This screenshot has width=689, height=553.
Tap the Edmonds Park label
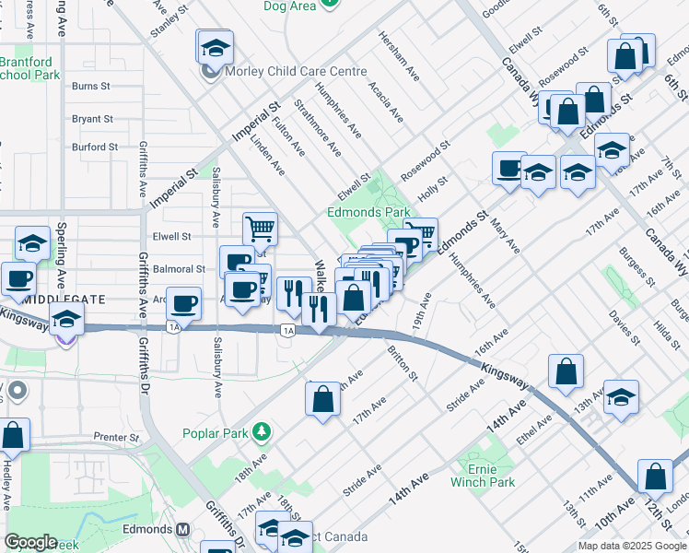coord(368,212)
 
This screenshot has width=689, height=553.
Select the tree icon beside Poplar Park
coord(263,431)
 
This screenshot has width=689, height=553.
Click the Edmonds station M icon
coord(182,530)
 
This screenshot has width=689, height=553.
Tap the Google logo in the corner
coord(30,542)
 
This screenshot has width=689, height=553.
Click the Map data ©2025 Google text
coord(632,546)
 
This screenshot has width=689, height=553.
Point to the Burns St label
coord(90,86)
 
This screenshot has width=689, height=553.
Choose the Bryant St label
coord(92,119)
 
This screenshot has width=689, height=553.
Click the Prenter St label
coord(115,437)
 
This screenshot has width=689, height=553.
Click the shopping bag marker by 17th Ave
coord(322,399)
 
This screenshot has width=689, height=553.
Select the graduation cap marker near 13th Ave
coord(621,396)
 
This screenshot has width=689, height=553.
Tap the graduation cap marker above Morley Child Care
coord(216,46)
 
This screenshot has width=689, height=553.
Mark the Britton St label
coord(403,363)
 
